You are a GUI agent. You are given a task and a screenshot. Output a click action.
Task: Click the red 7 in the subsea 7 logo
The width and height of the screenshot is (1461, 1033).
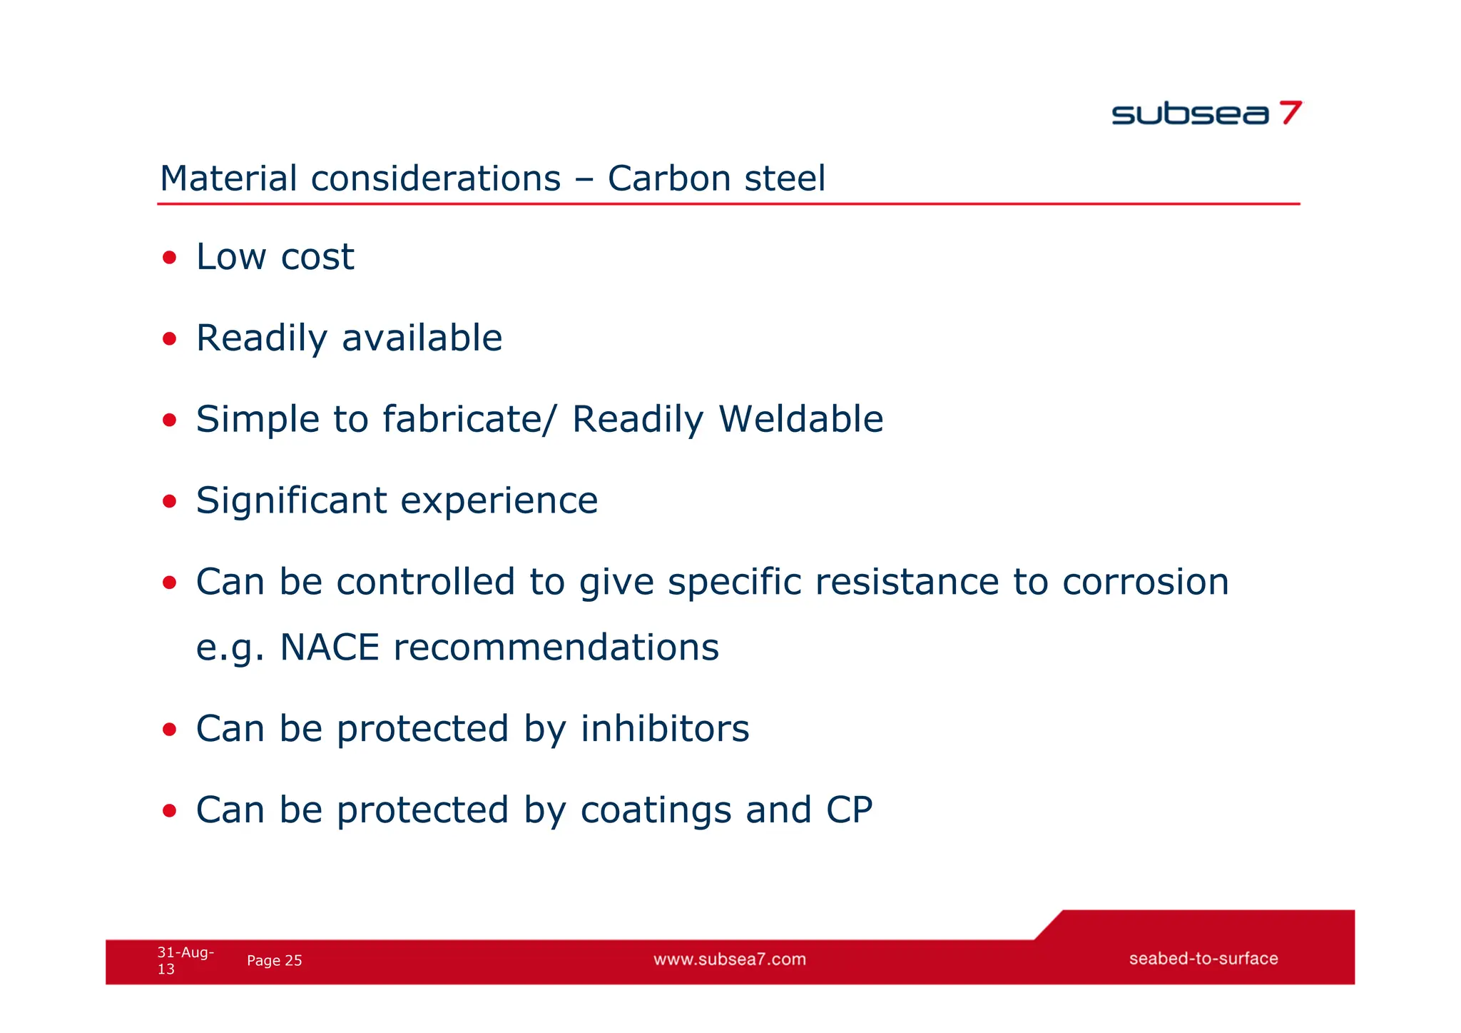pyautogui.click(x=1290, y=113)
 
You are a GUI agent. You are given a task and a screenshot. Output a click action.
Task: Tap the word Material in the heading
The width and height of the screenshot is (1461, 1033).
pyautogui.click(x=228, y=178)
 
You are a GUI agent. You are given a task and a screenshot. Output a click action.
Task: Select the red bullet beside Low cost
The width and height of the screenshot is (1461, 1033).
pyautogui.click(x=169, y=257)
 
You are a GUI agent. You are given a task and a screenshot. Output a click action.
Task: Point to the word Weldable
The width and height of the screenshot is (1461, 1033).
pyautogui.click(x=800, y=419)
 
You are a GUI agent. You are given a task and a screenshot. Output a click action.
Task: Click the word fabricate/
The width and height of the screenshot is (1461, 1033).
pyautogui.click(x=467, y=419)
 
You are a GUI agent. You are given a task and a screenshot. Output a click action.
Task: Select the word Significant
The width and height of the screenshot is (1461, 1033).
pyautogui.click(x=291, y=500)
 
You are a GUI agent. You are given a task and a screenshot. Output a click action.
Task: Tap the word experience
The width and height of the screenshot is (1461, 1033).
pyautogui.click(x=499, y=500)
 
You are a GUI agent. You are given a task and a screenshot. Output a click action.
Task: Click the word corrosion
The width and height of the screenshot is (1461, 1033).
pyautogui.click(x=1145, y=582)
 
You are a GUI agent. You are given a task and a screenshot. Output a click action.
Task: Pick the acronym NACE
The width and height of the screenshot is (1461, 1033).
pyautogui.click(x=329, y=647)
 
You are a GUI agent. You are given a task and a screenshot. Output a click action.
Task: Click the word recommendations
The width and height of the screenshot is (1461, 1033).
pyautogui.click(x=556, y=647)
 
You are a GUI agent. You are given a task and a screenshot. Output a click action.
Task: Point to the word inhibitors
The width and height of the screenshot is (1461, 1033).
pyautogui.click(x=664, y=729)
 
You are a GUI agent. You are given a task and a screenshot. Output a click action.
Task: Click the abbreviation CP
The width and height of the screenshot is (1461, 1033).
pyautogui.click(x=849, y=810)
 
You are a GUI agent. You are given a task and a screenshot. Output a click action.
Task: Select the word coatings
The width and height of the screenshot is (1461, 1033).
pyautogui.click(x=656, y=810)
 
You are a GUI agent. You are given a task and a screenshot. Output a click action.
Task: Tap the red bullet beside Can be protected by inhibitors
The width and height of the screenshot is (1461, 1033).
pyautogui.click(x=169, y=730)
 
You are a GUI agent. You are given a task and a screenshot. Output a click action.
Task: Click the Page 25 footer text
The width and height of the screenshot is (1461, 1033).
pyautogui.click(x=274, y=961)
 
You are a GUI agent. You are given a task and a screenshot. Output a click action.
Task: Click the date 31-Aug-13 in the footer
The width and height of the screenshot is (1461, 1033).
pyautogui.click(x=184, y=960)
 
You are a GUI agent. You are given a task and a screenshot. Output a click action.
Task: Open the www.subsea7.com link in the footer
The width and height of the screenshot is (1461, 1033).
pyautogui.click(x=729, y=959)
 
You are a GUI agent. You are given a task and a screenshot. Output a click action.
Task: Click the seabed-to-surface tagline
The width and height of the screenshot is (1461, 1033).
pyautogui.click(x=1203, y=959)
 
